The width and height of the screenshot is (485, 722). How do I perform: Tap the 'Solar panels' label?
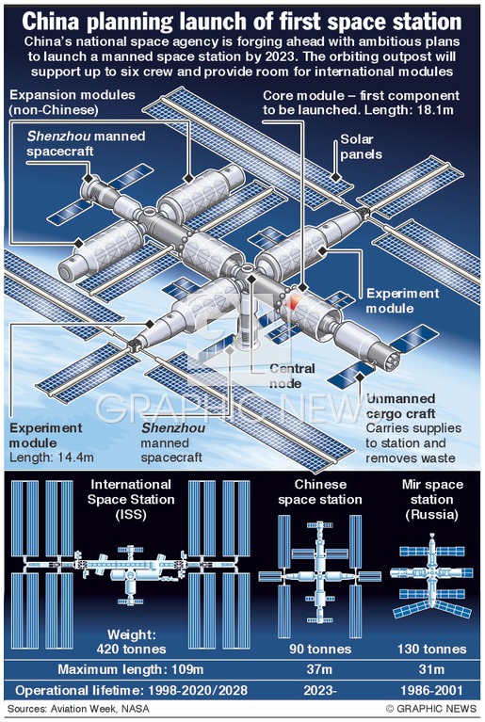(x=361, y=147)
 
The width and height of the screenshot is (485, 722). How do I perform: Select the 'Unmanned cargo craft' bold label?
(x=400, y=406)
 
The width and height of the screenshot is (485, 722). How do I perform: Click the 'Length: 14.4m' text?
(x=52, y=457)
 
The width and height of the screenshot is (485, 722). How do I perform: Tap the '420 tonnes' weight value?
(x=131, y=649)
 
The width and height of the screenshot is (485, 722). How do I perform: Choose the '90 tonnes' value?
(x=320, y=649)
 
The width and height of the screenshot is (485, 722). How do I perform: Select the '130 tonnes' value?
(x=432, y=649)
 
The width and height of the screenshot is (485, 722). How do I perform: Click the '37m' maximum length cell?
(x=319, y=669)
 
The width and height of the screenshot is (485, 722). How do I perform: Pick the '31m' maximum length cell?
(x=431, y=669)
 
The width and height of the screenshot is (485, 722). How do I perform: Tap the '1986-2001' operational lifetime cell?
(x=432, y=690)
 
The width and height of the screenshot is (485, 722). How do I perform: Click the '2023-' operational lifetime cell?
(x=319, y=690)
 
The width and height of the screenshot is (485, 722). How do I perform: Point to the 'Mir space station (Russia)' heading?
(x=432, y=499)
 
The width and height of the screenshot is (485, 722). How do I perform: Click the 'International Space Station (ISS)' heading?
(x=131, y=499)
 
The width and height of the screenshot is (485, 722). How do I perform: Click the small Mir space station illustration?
(x=431, y=575)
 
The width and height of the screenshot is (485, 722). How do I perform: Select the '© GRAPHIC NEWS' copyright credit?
(x=431, y=708)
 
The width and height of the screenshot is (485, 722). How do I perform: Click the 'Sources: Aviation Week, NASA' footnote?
(x=78, y=708)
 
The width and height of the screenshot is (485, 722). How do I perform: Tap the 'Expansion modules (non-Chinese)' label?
(x=73, y=103)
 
